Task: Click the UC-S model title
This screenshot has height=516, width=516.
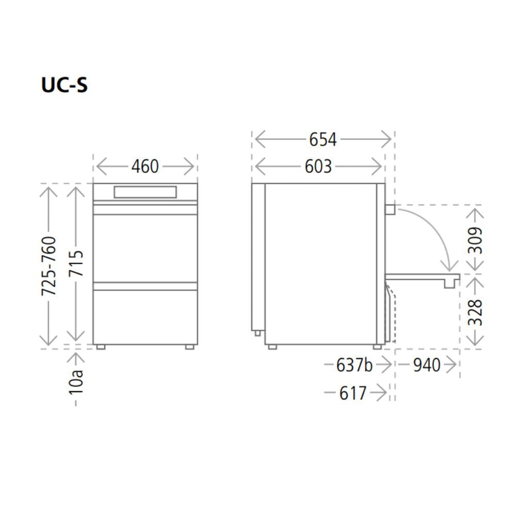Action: tap(64, 85)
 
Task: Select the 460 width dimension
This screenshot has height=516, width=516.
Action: tap(145, 167)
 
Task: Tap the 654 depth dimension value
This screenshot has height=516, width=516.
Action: tap(322, 139)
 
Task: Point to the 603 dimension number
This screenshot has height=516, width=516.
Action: tap(318, 167)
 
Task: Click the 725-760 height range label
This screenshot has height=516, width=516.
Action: tap(49, 266)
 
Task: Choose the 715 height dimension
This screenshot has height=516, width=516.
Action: tap(76, 263)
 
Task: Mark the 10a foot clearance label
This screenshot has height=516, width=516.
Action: tap(76, 382)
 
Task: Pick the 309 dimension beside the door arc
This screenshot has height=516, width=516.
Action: tap(475, 240)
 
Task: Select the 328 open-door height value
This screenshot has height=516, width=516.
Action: tap(475, 312)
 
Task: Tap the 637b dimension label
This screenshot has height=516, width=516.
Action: tap(354, 365)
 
